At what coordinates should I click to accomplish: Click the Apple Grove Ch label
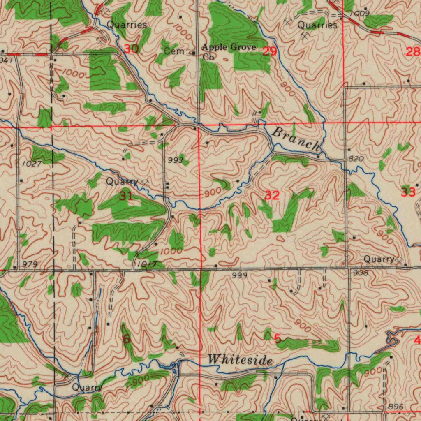click(x=229, y=52)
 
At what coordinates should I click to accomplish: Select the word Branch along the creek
click(x=296, y=139)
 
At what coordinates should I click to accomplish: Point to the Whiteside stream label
click(x=240, y=360)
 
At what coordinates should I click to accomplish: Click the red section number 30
click(x=131, y=49)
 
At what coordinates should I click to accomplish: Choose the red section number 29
click(x=270, y=51)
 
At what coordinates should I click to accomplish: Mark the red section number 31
click(x=126, y=196)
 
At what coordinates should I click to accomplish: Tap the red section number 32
click(x=272, y=195)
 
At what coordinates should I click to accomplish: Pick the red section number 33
click(x=408, y=192)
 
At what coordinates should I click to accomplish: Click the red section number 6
click(x=127, y=339)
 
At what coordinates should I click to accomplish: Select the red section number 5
click(x=278, y=339)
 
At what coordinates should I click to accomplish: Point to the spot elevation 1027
click(x=32, y=164)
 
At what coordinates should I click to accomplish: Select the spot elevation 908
click(x=360, y=272)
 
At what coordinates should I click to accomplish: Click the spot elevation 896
click(x=396, y=407)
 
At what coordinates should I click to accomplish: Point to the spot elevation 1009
click(x=359, y=14)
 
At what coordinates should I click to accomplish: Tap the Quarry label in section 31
click(x=122, y=181)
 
